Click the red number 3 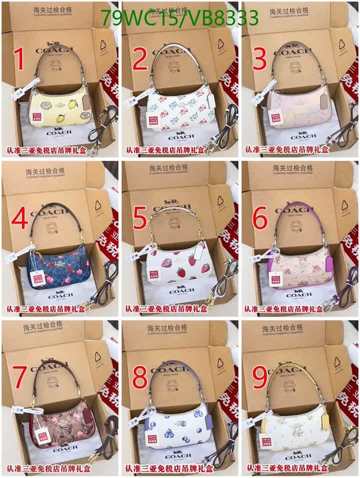point(260,60)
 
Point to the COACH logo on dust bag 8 point(178,456)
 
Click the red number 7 point(20,378)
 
